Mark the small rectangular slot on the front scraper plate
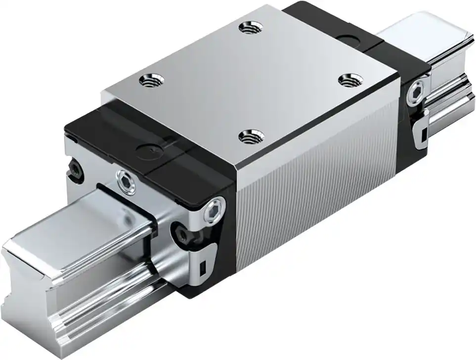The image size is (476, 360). pos(202,268)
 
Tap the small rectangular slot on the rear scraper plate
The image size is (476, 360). pos(423,133)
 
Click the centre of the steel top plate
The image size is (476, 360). pos(250,82)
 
